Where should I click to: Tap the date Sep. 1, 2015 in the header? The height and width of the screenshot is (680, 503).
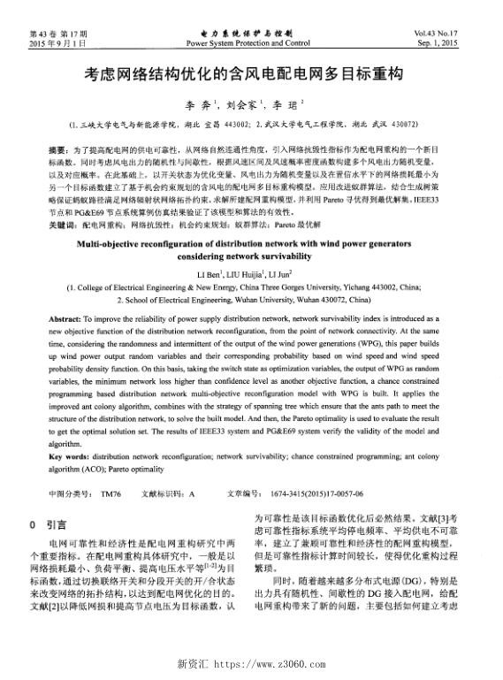464,42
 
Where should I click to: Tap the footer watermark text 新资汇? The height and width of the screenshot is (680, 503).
194,662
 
